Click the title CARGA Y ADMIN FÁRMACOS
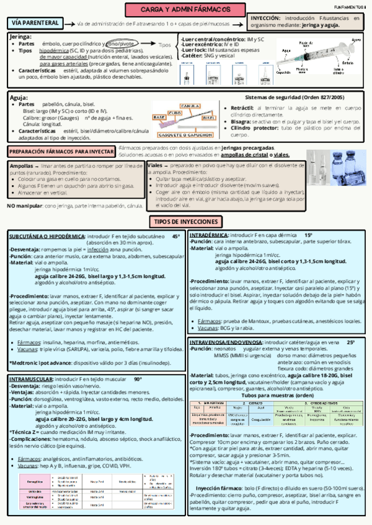pos(185,10)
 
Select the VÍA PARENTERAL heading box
pos(35,23)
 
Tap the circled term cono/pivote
pos(121,45)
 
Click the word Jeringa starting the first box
pos(21,37)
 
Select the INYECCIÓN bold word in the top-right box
pos(265,19)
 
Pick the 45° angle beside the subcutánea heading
pos(175,236)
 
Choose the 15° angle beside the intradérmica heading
pos(308,236)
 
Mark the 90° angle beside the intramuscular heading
pos(138,378)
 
